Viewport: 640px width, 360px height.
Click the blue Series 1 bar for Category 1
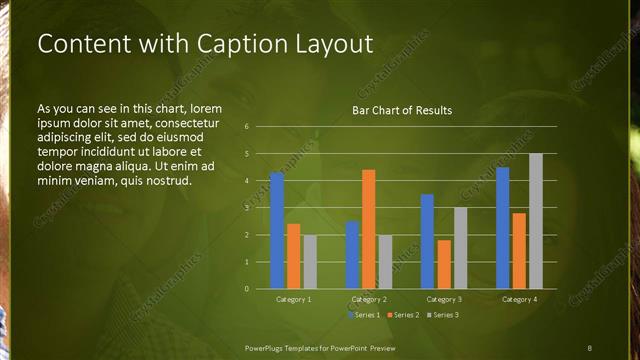pyautogui.click(x=277, y=231)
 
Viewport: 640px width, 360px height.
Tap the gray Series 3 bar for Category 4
pyautogui.click(x=535, y=221)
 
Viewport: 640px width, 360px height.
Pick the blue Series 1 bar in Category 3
pyautogui.click(x=427, y=241)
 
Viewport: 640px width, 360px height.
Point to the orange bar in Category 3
pyautogui.click(x=443, y=264)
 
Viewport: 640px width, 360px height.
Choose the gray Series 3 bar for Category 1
pyautogui.click(x=309, y=262)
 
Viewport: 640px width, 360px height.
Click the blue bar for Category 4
pyautogui.click(x=502, y=228)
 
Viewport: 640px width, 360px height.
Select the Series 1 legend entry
pyautogui.click(x=365, y=315)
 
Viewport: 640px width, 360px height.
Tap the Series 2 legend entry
pyautogui.click(x=403, y=315)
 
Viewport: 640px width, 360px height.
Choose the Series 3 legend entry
pyautogui.click(x=442, y=315)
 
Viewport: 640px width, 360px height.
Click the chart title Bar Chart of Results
pyautogui.click(x=402, y=110)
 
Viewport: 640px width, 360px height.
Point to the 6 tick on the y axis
pyautogui.click(x=247, y=127)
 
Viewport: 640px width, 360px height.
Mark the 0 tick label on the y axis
pyautogui.click(x=247, y=289)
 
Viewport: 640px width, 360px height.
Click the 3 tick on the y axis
pyautogui.click(x=247, y=208)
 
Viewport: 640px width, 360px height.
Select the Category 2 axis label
pyautogui.click(x=368, y=299)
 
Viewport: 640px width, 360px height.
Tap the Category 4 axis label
pyautogui.click(x=518, y=299)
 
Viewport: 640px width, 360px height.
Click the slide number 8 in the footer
pyautogui.click(x=590, y=347)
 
